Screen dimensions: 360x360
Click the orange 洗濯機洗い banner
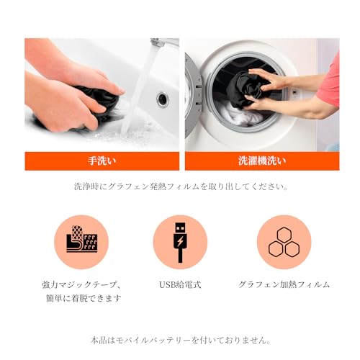pyautogui.click(x=261, y=161)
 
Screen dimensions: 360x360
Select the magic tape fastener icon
pyautogui.click(x=81, y=242)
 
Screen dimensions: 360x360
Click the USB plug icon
pyautogui.click(x=180, y=242)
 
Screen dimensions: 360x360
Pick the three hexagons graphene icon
pyautogui.click(x=284, y=243)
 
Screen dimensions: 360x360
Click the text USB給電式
pyautogui.click(x=180, y=284)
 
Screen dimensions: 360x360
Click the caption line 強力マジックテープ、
pyautogui.click(x=81, y=284)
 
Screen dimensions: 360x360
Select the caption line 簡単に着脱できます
pyautogui.click(x=81, y=298)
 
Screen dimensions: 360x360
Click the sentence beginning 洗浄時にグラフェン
pyautogui.click(x=181, y=186)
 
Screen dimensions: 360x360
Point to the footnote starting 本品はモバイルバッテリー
pyautogui.click(x=181, y=340)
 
